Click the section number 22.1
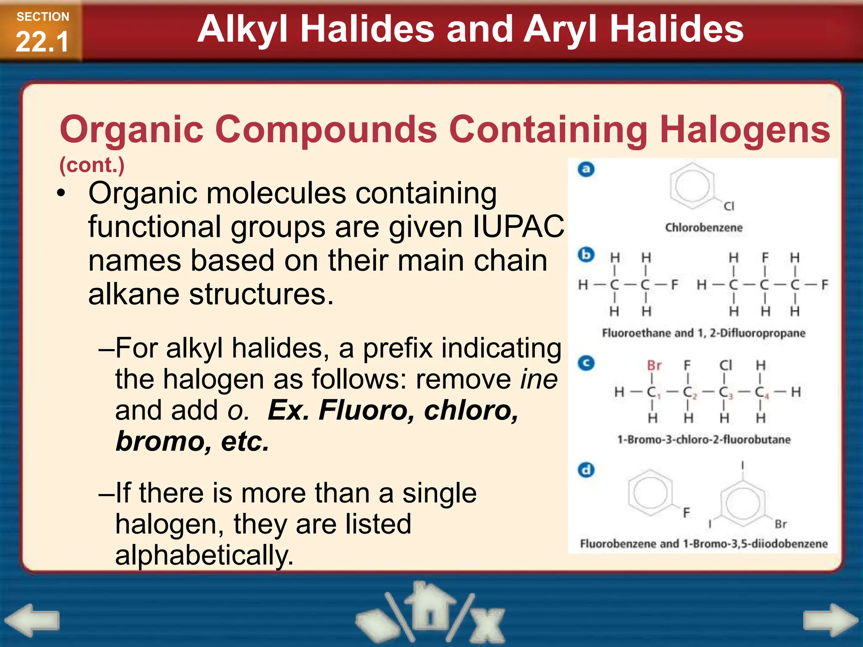(x=42, y=42)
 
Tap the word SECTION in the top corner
(x=43, y=17)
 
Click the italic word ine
(x=539, y=379)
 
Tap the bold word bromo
(x=158, y=441)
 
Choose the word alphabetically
(x=204, y=555)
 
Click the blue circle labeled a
(x=586, y=169)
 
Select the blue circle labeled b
(x=586, y=255)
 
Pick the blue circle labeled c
(x=586, y=363)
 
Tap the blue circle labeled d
(x=586, y=470)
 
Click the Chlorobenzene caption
(x=704, y=228)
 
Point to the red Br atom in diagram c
(x=654, y=365)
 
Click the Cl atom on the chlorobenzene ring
(x=729, y=206)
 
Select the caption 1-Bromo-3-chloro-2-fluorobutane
(x=704, y=440)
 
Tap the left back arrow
(x=32, y=620)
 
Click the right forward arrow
(x=830, y=620)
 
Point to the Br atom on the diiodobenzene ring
(x=781, y=524)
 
